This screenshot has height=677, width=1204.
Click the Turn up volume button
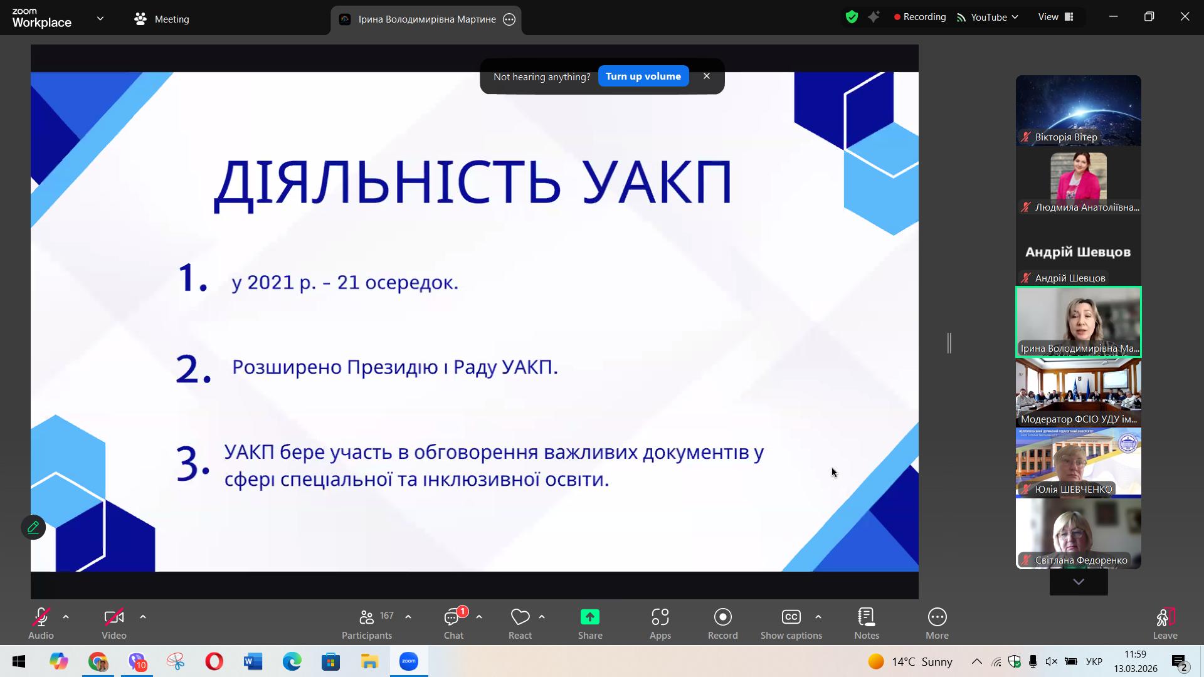point(643,76)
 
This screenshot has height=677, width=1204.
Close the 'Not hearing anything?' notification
point(707,76)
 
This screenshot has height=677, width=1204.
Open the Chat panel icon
point(453,617)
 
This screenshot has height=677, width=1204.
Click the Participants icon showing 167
point(367,617)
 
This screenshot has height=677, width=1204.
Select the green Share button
point(590,617)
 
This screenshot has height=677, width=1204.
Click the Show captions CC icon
point(791,617)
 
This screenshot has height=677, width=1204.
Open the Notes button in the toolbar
point(867,617)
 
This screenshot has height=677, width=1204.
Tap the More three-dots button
point(937,617)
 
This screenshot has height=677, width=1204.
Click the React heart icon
point(520,617)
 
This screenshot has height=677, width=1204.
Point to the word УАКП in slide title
point(657,182)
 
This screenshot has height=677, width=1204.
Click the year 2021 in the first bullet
point(271,282)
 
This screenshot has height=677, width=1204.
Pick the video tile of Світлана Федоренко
point(1079,533)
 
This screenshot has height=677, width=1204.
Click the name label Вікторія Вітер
point(1066,137)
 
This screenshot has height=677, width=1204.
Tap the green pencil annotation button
point(33,527)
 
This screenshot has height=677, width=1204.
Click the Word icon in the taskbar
point(253,661)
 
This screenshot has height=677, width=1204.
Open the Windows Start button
point(19,661)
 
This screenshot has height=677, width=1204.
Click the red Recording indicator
point(920,17)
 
